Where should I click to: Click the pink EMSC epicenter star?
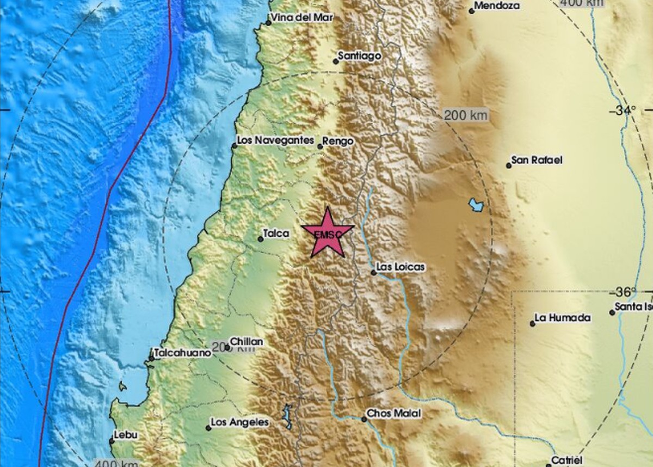[328, 234]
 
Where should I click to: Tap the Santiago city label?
[359, 56]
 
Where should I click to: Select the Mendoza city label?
[497, 6]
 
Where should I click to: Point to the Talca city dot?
[260, 238]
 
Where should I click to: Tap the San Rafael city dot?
[509, 165]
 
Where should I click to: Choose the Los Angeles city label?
[240, 422]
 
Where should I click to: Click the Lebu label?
[126, 435]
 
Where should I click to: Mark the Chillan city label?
[247, 341]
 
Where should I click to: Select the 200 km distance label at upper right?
[465, 115]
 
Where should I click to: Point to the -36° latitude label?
[626, 292]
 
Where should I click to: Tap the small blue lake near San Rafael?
[476, 205]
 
